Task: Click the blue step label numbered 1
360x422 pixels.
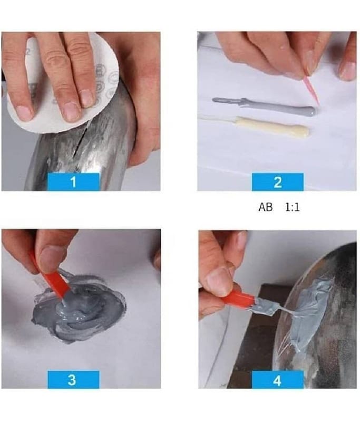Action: (73, 182)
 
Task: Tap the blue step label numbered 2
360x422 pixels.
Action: (277, 182)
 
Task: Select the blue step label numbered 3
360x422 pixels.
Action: (73, 379)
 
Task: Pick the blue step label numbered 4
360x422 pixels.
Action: (277, 379)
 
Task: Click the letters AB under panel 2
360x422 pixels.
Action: (265, 207)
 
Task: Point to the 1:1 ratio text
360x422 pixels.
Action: (292, 207)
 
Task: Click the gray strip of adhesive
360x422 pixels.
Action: (264, 106)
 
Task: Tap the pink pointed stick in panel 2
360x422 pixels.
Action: (311, 89)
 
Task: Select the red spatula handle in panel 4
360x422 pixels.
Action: (237, 299)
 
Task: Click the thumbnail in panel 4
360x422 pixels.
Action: (219, 281)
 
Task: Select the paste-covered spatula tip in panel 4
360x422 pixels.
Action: (265, 306)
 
